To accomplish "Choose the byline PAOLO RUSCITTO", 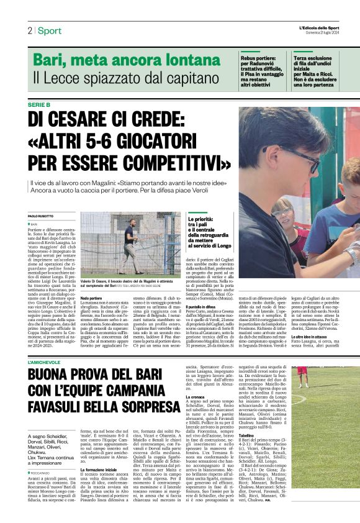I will click(x=42, y=216).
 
